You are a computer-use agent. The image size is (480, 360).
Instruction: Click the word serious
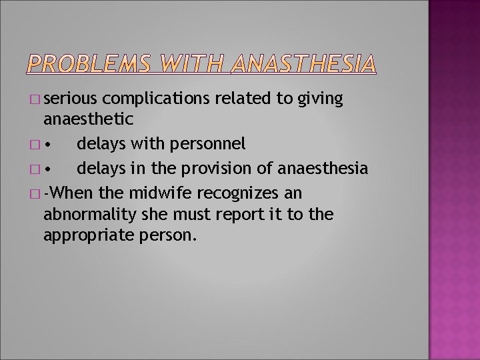(x=71, y=99)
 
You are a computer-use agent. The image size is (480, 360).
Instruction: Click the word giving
(x=319, y=100)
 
